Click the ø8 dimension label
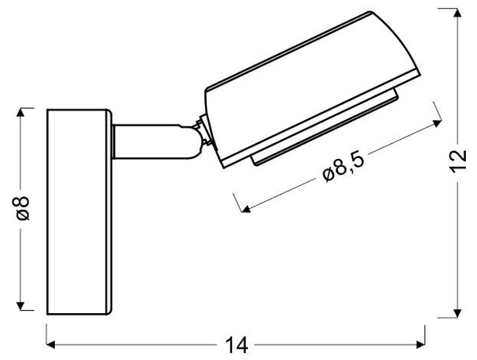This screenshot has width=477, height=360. (x=23, y=209)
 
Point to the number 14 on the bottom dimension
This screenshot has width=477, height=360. (x=236, y=345)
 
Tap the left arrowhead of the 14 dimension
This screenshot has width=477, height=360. (x=51, y=345)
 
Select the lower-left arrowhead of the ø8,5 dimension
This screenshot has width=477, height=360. (x=246, y=210)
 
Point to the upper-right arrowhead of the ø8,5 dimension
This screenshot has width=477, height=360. (x=437, y=122)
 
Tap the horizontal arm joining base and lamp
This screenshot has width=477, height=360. (x=151, y=141)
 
